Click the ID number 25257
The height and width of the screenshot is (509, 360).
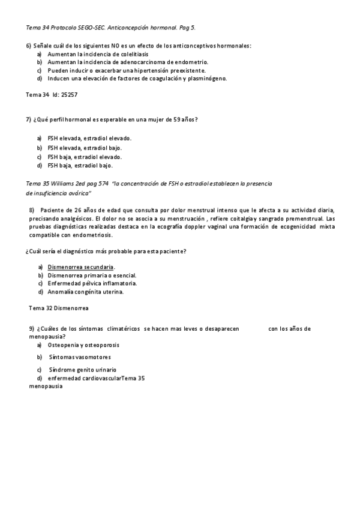[x=70, y=95]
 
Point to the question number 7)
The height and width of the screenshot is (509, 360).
[x=29, y=119]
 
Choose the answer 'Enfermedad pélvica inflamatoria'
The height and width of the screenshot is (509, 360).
[x=92, y=283]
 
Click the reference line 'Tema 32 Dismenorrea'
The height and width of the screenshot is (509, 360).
[x=59, y=309]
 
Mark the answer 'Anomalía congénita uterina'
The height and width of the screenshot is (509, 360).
[x=85, y=292]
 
